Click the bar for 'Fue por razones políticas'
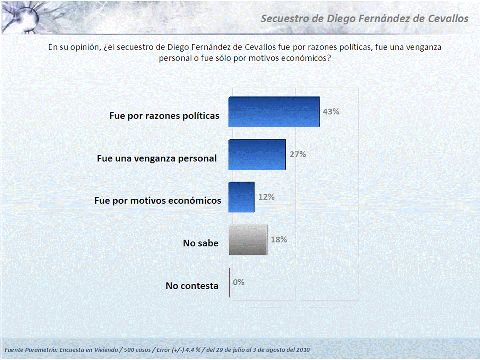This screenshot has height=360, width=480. tap(274, 112)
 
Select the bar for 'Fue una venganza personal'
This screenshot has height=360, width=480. tap(257, 155)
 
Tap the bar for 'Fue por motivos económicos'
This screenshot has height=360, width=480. tap(241, 197)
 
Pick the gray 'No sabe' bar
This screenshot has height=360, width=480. tap(248, 240)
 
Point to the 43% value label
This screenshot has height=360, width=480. tap(331, 112)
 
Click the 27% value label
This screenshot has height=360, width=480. tap(298, 154)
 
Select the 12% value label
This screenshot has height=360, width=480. tap(266, 197)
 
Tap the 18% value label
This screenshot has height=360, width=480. tap(279, 239)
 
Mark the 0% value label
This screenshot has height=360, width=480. tap(239, 282)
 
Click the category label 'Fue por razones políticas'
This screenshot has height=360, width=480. tap(164, 116)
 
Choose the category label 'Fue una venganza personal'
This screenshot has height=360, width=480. tap(157, 158)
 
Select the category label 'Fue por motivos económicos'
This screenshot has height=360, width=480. tap(158, 201)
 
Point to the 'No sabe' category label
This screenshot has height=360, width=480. tap(201, 243)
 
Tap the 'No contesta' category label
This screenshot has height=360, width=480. tap(192, 286)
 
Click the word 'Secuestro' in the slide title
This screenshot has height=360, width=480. tap(285, 19)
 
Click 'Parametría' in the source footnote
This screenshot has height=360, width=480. tap(43, 349)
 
